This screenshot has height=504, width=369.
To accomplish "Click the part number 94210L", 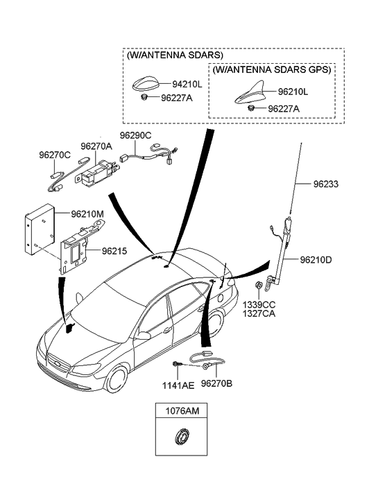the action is [187, 85].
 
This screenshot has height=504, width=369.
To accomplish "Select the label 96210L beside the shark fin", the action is [293, 92].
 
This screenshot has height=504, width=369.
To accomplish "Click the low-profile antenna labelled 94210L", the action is [147, 84].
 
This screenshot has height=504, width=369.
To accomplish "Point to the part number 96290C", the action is [135, 135].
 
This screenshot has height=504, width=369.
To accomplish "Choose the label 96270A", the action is [96, 146].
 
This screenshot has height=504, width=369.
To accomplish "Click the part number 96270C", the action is [55, 155].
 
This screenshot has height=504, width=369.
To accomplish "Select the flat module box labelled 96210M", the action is [40, 229].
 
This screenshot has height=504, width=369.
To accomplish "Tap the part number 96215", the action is [114, 251].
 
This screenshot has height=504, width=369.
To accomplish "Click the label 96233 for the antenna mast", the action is [326, 184].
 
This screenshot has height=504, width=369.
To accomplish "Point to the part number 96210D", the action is [316, 259].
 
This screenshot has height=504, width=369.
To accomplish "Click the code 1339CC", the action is [259, 305].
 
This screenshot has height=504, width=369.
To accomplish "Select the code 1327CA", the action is [259, 313].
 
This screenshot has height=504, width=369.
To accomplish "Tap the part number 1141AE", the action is [178, 385].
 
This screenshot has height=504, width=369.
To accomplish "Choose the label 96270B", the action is [216, 383].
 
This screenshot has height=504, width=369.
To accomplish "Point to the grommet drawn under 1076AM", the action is [181, 437].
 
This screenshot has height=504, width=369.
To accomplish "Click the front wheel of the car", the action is [117, 379].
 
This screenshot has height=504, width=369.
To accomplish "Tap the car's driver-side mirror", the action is [143, 336].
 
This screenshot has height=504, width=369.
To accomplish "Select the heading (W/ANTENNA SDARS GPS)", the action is [272, 70].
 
